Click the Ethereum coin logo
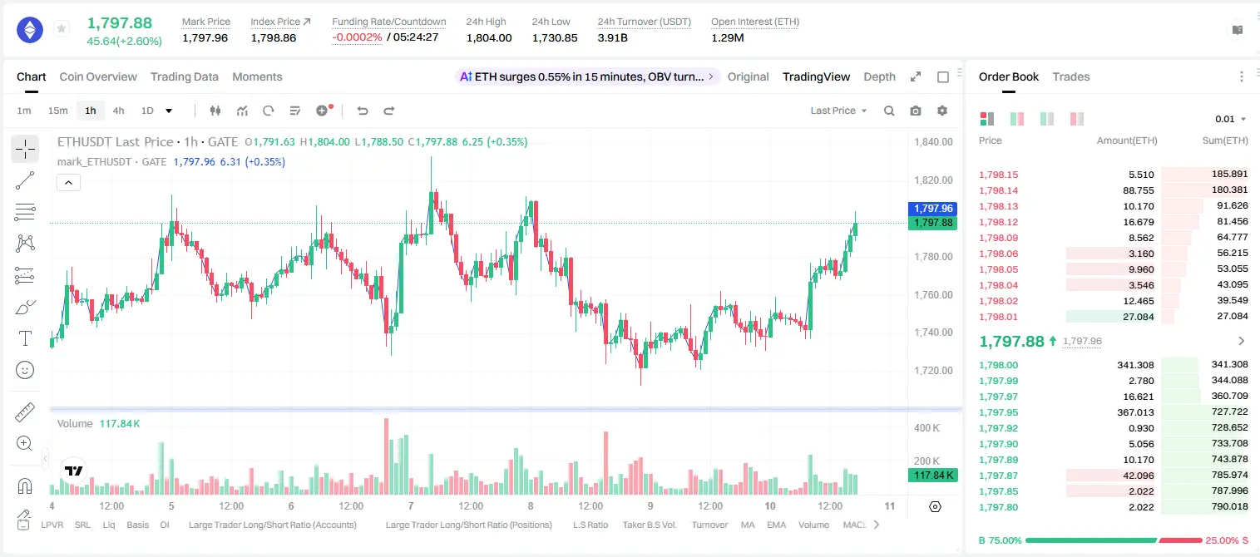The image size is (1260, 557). point(30,30)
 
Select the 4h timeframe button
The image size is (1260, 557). point(118,111)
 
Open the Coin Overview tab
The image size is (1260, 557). point(98,76)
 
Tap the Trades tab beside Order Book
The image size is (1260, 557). point(1071,76)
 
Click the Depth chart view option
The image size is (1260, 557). point(879,76)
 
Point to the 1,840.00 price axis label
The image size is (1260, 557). point(933,141)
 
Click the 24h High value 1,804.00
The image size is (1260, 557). point(489,37)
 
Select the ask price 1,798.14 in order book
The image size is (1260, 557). point(999,190)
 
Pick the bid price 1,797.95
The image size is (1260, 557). point(999,412)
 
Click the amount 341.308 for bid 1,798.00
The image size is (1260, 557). point(1135,365)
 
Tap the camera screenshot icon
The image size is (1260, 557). point(916,111)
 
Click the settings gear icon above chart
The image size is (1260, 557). point(942,111)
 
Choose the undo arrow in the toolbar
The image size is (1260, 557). point(363,111)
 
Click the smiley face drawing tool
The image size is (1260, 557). point(25,370)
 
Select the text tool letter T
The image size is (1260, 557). point(25,338)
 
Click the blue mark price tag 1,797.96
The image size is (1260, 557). point(932,209)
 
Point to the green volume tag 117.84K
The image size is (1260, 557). point(932,476)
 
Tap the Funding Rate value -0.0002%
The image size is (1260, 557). point(357,37)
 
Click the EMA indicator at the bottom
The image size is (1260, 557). point(776,525)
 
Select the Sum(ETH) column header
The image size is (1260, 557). point(1225,140)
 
